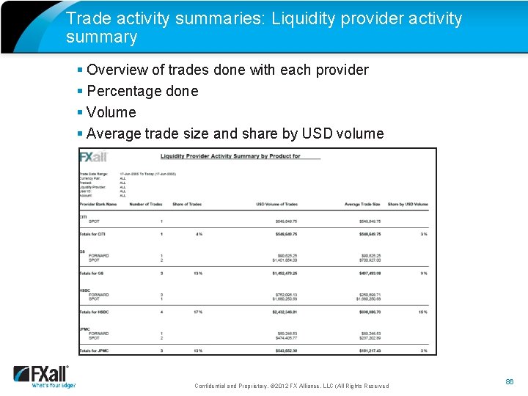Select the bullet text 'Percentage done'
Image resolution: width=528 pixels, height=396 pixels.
142,91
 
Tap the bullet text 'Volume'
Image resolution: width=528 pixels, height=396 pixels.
111,112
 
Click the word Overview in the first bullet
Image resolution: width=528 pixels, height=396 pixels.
117,70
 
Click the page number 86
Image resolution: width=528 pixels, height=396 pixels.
510,382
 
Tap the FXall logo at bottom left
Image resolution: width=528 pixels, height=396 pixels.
43,375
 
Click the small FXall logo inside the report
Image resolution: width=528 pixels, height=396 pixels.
93,157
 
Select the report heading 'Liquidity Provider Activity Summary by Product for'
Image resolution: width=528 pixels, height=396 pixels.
230,156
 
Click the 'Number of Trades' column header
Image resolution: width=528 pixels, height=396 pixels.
145,204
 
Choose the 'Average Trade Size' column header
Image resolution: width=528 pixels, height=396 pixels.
362,204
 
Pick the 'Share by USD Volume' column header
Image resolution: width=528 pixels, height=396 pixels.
407,204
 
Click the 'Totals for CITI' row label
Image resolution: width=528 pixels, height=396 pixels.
93,234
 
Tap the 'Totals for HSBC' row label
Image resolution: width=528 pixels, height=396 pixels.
95,312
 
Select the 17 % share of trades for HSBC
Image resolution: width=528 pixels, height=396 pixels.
197,312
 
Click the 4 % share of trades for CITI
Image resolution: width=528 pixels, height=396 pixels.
198,234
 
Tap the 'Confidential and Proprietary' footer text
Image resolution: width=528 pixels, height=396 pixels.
230,386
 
